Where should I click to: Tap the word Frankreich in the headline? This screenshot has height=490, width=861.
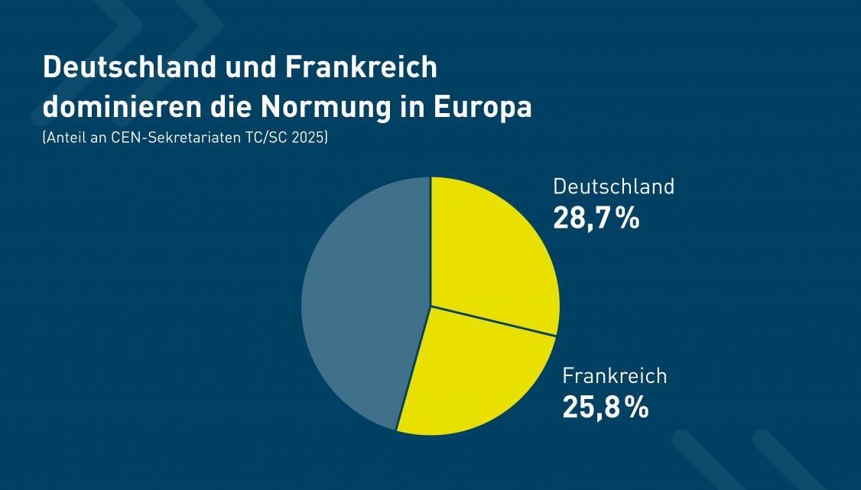coord(362,67)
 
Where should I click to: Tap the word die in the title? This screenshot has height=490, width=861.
coord(230,107)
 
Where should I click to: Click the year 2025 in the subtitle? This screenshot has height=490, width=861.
coord(310,138)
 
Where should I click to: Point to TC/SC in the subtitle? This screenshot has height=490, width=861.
coord(268,138)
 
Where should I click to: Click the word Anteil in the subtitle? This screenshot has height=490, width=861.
coord(66,138)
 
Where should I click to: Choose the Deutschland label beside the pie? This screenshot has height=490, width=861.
coord(613,187)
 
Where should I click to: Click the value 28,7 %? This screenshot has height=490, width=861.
coord(596,218)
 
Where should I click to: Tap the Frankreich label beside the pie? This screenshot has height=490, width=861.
coord(615,376)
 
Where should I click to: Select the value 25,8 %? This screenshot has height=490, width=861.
coord(605,407)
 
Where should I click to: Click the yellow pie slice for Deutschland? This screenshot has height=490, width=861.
coord(489,252)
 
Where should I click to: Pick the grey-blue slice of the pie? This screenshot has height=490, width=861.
coord(359,306)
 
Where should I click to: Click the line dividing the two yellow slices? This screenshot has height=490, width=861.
coord(494,320)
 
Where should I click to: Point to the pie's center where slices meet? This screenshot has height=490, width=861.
coord(431,306)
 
